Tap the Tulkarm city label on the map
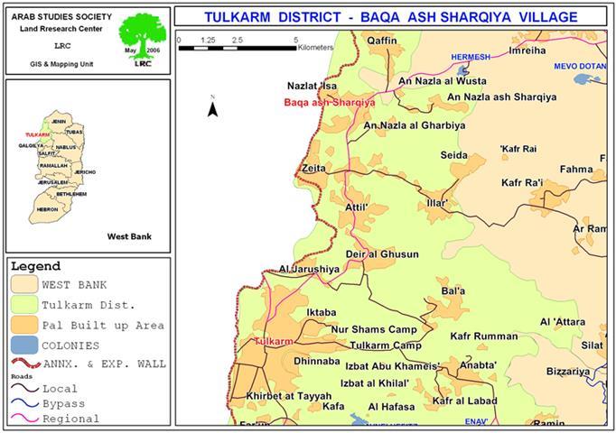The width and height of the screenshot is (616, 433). point(275,341)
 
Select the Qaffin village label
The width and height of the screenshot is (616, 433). point(382,41)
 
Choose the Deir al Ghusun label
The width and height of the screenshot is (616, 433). point(388,254)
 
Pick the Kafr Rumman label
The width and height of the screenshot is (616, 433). point(483,336)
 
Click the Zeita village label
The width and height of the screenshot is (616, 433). point(315,168)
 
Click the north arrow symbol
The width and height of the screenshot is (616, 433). point(212,108)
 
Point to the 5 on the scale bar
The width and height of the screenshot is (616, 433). point(296,41)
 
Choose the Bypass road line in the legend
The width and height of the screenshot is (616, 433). point(25,403)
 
